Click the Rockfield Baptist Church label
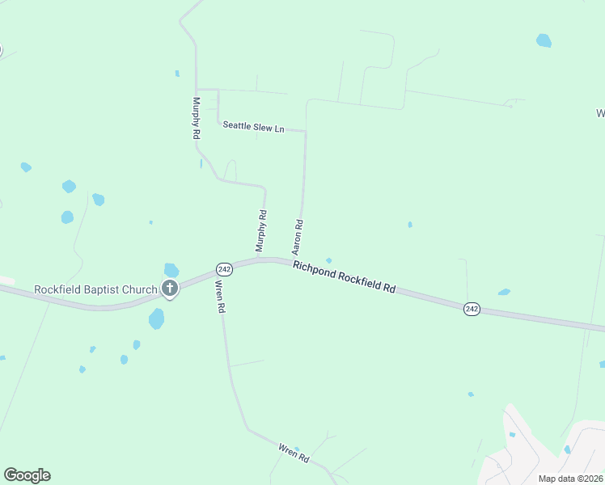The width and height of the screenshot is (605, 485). pyautogui.click(x=95, y=289)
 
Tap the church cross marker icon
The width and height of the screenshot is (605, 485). pyautogui.click(x=170, y=289)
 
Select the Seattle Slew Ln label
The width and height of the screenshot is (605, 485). pyautogui.click(x=254, y=127)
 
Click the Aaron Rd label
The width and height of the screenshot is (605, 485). pyautogui.click(x=298, y=236)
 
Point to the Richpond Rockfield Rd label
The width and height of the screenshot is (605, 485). pyautogui.click(x=344, y=276)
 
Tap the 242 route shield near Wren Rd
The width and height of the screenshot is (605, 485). pyautogui.click(x=225, y=268)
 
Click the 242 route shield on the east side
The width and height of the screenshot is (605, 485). pyautogui.click(x=472, y=309)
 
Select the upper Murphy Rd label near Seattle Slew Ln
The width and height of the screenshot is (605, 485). pyautogui.click(x=196, y=119)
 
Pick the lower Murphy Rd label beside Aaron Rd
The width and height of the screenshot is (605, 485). pyautogui.click(x=261, y=231)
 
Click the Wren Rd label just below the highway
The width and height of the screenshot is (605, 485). pyautogui.click(x=218, y=296)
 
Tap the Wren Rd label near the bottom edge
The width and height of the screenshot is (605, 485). pyautogui.click(x=294, y=453)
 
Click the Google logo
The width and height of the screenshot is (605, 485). pyautogui.click(x=27, y=475)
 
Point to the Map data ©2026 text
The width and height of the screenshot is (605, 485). pyautogui.click(x=570, y=478)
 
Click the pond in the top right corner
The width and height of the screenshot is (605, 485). pyautogui.click(x=544, y=40)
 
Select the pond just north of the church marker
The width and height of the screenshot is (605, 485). pyautogui.click(x=171, y=269)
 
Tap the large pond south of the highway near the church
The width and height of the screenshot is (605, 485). pyautogui.click(x=156, y=318)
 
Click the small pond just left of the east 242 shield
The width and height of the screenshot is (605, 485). pyautogui.click(x=504, y=292)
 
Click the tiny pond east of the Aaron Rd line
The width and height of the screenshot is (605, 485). pyautogui.click(x=410, y=224)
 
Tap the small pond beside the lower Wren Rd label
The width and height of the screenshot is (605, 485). pyautogui.click(x=297, y=449)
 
